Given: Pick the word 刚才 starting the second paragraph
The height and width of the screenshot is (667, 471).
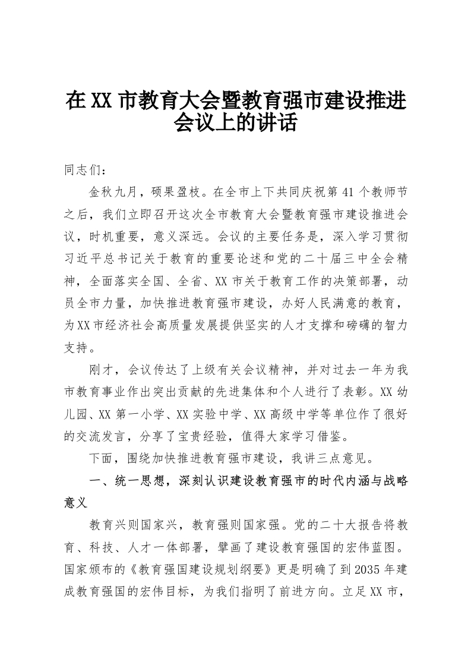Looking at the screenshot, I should (102, 370).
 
